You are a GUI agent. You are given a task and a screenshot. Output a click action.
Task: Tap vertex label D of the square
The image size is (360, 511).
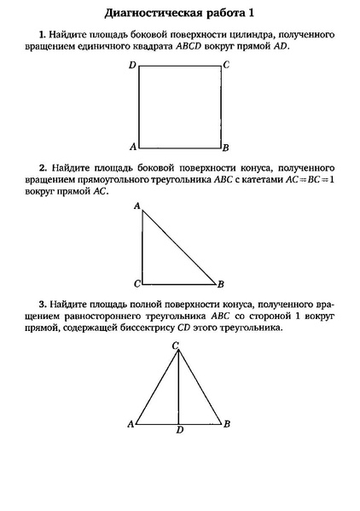coord(132,65)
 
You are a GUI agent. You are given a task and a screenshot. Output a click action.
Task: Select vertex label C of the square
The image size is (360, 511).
coord(225,64)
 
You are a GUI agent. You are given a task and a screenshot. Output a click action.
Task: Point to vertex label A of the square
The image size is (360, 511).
coord(132,146)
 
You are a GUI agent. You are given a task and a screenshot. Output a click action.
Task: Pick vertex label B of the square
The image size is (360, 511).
coord(225,147)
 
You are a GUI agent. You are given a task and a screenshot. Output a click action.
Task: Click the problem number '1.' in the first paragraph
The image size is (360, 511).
coord(43,33)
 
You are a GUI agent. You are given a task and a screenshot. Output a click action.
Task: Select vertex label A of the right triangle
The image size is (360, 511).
coord(136,206)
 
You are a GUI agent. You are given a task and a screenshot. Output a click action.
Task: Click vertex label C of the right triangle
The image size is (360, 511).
coord(136,283)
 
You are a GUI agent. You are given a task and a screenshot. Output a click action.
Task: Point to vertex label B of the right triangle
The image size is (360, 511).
coord(221,284)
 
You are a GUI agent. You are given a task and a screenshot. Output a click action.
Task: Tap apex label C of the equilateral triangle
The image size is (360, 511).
coord(176,345)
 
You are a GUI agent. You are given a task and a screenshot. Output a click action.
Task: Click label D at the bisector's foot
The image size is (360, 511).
coord(179,430)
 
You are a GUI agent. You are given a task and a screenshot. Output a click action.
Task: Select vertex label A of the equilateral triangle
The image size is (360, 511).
coord(130,423)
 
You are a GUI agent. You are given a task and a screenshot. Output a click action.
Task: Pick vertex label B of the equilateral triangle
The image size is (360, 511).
coord(226,423)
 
